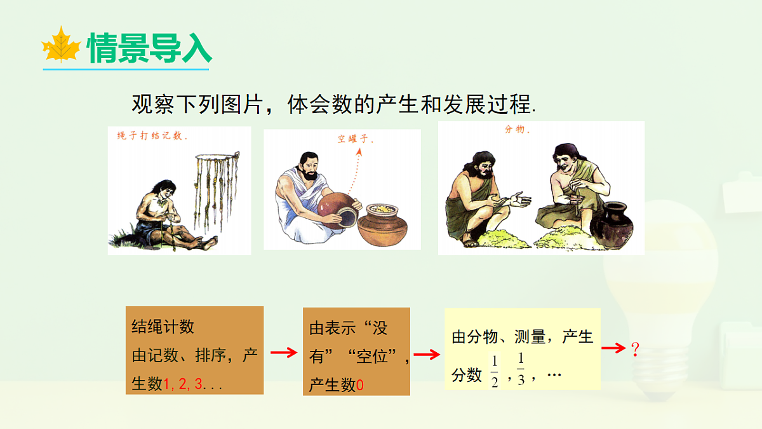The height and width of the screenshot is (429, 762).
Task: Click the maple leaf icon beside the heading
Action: coord(61,46)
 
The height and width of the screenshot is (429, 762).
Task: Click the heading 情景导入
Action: coord(149,48)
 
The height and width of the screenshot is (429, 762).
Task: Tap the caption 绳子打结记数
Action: coord(152,136)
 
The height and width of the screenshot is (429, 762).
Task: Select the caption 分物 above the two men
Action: coord(517,130)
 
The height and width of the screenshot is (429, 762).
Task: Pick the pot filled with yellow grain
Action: coord(384,226)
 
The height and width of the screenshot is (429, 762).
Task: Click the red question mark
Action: coord(634,348)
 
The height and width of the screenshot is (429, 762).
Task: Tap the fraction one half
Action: coord(495,372)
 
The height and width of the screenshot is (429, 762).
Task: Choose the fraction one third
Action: coord(521,368)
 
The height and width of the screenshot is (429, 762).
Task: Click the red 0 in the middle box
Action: coord(360,385)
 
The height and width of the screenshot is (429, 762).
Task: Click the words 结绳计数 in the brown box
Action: coord(163,327)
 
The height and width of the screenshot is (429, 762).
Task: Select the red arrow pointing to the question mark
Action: coord(613,348)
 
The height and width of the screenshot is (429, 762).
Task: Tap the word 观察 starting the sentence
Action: coord(153,104)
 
